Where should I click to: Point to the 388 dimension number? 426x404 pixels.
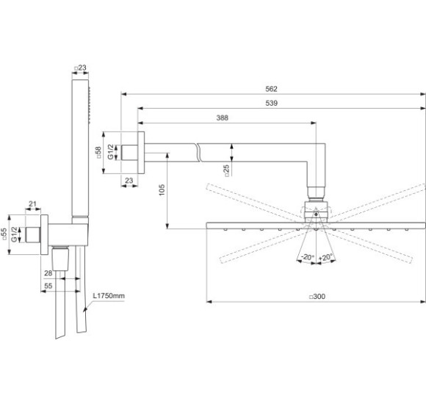(x=222, y=118)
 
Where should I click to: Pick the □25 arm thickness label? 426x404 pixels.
(x=227, y=170)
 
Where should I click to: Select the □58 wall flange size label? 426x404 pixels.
(x=98, y=153)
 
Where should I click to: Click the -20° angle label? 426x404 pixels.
(x=307, y=257)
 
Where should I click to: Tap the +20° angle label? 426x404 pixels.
(x=326, y=257)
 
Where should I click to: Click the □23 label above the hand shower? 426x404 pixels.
(x=81, y=68)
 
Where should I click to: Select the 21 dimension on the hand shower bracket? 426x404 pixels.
(x=32, y=203)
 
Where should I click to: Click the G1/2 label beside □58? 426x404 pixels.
(x=111, y=153)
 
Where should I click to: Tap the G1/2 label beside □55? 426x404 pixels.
(x=16, y=234)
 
